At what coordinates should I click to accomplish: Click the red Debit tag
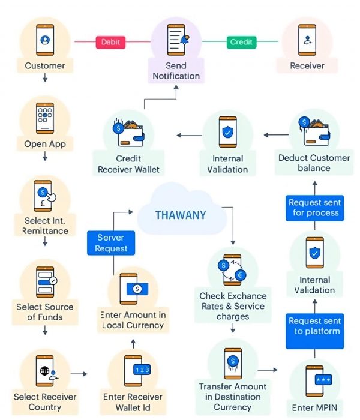coord(110,42)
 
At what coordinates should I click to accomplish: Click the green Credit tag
coord(241,42)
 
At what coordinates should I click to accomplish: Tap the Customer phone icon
coord(45,40)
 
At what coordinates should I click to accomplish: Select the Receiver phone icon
coord(307,40)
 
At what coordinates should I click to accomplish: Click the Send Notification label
coord(176,71)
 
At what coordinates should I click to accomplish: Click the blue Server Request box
coord(111,243)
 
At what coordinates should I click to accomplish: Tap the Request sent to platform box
coord(315,326)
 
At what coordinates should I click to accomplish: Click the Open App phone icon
coord(45,118)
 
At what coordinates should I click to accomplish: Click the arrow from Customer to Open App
coord(45,79)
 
